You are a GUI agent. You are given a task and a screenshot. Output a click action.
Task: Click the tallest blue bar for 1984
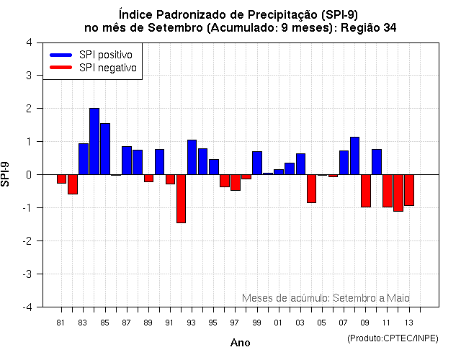[94, 141]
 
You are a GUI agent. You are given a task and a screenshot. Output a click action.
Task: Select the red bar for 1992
[181, 199]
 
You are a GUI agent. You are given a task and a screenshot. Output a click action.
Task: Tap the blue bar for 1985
[105, 149]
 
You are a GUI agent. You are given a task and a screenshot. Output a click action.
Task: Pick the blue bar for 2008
[354, 156]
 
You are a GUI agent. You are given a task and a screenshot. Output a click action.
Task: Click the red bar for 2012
[398, 193]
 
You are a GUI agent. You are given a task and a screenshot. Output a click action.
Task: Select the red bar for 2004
[311, 189]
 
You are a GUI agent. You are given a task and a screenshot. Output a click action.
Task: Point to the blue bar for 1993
[192, 157]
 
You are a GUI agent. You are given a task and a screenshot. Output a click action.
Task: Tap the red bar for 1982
[73, 184]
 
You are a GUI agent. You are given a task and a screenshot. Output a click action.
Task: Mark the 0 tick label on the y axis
[28, 175]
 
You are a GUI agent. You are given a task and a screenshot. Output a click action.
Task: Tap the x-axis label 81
[61, 321]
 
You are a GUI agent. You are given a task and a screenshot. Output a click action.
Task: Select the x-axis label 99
[257, 321]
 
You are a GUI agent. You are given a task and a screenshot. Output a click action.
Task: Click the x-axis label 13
[409, 321]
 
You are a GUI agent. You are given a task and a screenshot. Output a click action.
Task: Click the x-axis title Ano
[240, 343]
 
